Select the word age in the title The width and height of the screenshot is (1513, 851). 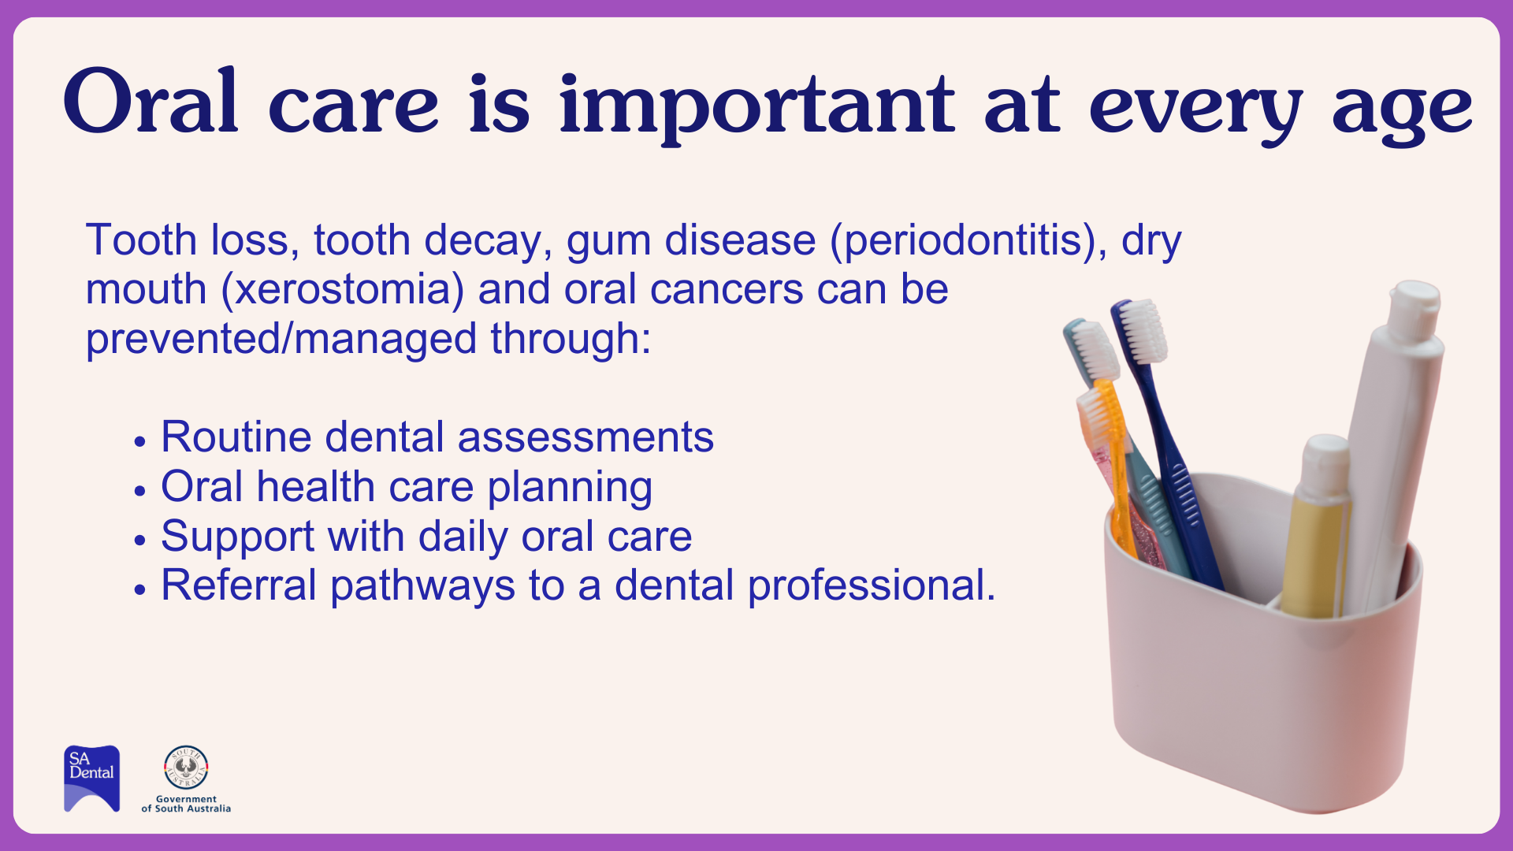tap(1402, 115)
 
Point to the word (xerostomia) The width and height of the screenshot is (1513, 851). tap(343, 289)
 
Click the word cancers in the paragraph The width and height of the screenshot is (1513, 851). tap(727, 289)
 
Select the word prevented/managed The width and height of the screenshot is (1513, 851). tap(281, 339)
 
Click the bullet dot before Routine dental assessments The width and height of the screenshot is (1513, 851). tap(140, 441)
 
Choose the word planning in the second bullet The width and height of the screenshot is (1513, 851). tap(570, 488)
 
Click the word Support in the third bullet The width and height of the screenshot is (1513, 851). tap(237, 537)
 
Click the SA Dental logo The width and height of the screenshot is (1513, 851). tap(92, 779)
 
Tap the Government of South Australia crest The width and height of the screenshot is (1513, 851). tap(186, 767)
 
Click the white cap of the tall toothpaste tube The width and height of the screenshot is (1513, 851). tap(1415, 309)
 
